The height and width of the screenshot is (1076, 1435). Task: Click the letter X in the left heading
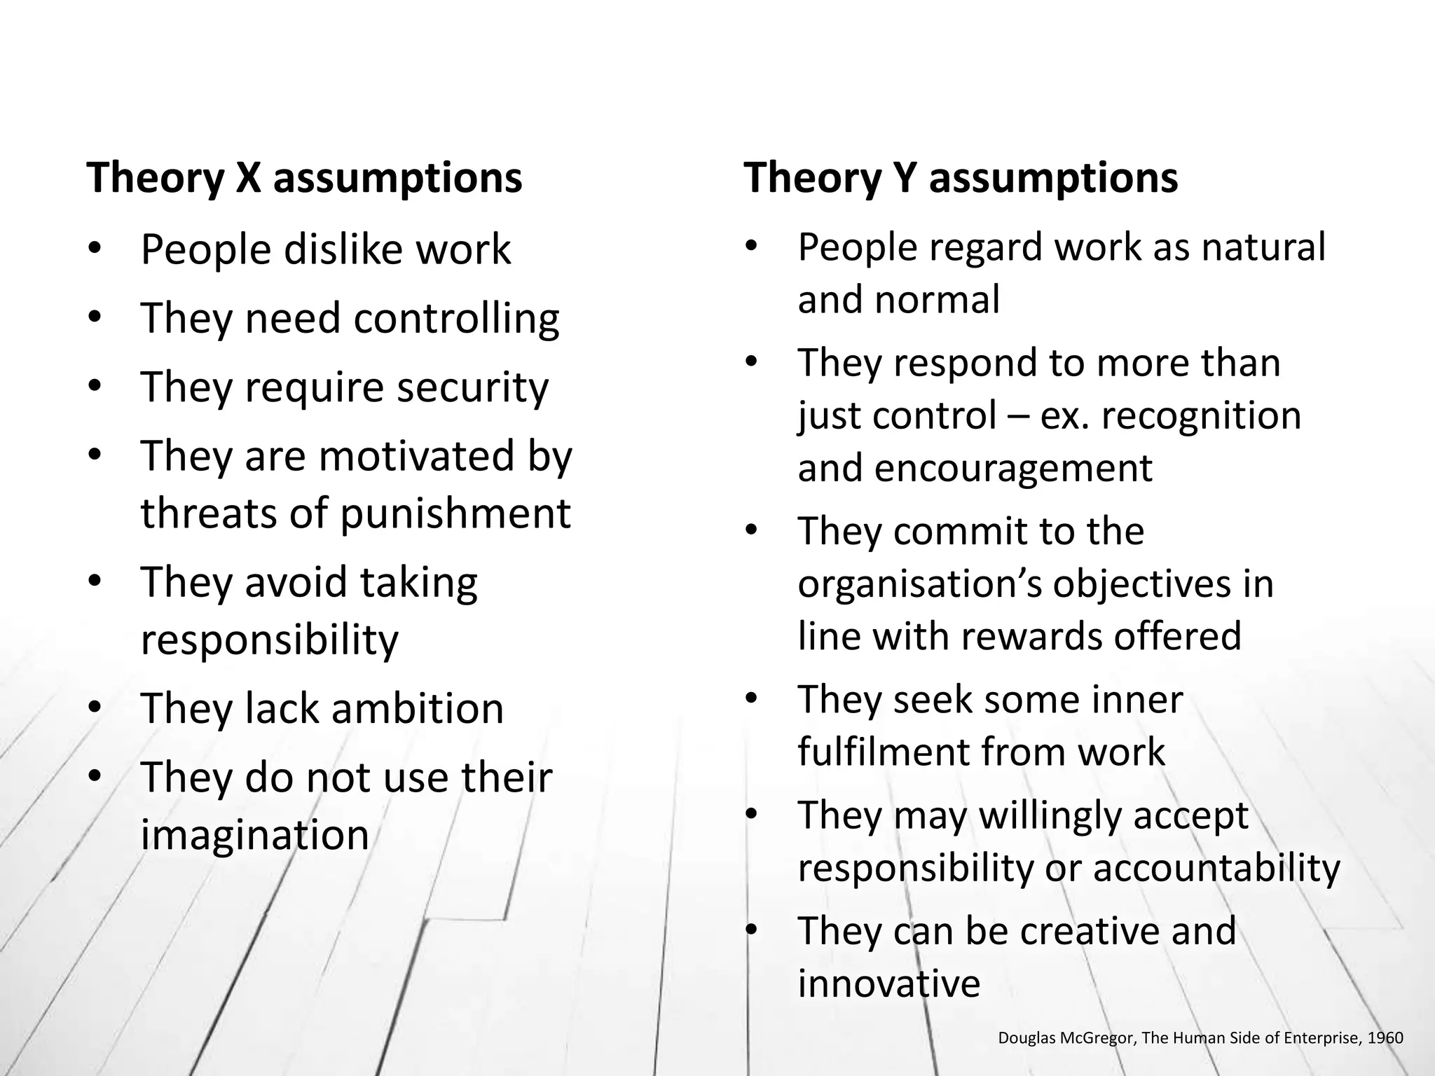tap(248, 178)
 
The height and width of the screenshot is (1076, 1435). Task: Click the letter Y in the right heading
tap(905, 178)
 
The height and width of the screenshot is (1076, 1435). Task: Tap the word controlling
tap(456, 319)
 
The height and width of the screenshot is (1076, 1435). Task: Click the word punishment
tap(455, 513)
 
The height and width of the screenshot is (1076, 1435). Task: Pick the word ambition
tap(417, 708)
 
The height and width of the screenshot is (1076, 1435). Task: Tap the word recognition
tap(1201, 415)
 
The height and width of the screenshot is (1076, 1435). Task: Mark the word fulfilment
tap(882, 752)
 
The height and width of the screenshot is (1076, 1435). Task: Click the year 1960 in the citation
tap(1385, 1037)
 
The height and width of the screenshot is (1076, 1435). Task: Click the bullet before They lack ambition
tap(95, 708)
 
